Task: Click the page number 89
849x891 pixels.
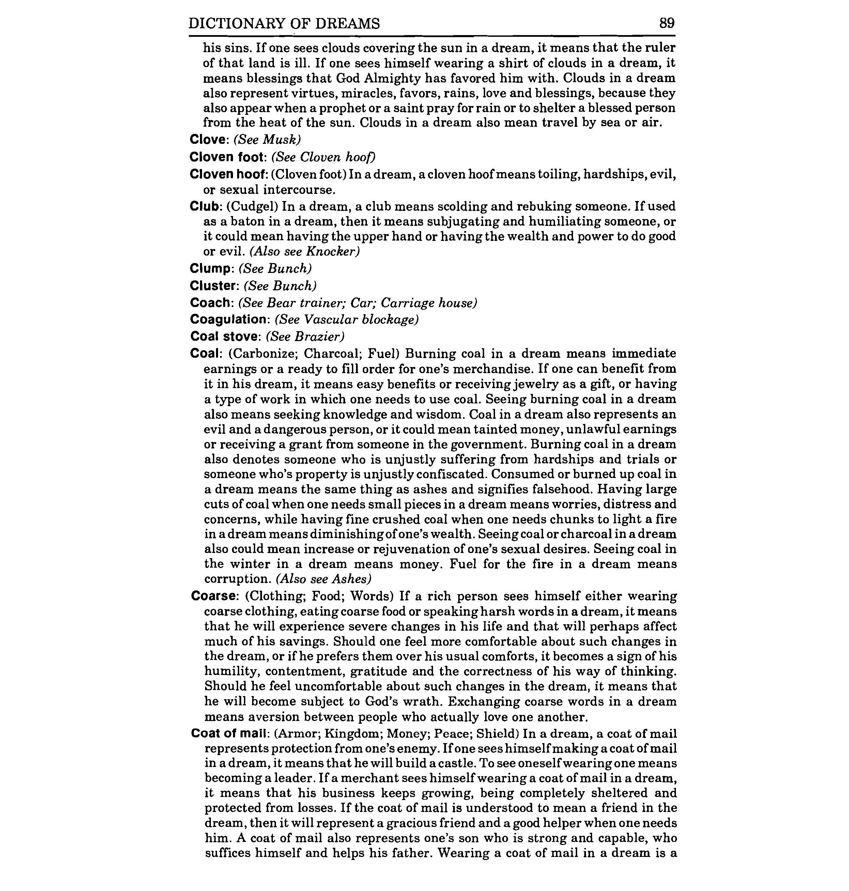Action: click(x=667, y=22)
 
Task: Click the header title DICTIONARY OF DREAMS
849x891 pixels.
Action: click(x=284, y=24)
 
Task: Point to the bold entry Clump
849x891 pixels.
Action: click(x=211, y=269)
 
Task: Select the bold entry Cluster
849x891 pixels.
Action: click(x=214, y=286)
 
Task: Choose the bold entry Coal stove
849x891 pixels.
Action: click(x=226, y=337)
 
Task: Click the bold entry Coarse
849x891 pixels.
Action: click(x=215, y=596)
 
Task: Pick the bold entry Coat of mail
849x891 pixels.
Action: click(x=231, y=733)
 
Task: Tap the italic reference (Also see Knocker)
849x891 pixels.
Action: click(x=305, y=251)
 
